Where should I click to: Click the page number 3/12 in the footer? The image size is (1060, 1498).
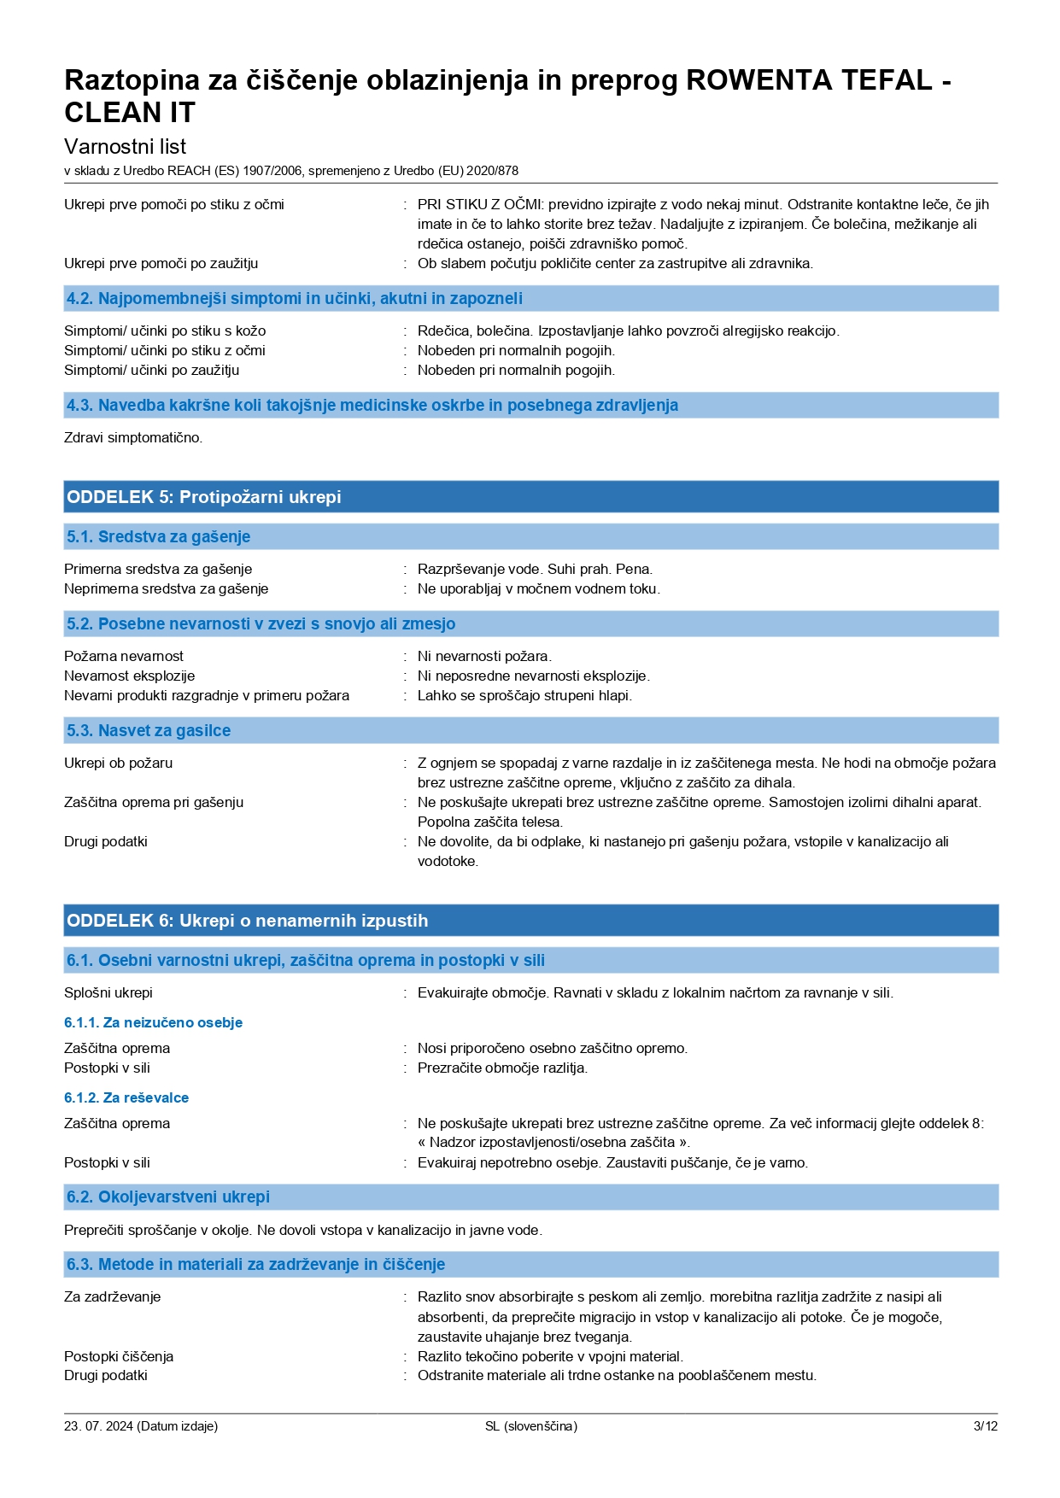click(985, 1425)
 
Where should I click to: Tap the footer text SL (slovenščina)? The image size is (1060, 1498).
click(530, 1425)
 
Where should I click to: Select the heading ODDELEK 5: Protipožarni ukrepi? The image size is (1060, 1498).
click(204, 497)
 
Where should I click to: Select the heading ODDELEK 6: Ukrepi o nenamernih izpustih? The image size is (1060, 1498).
click(248, 921)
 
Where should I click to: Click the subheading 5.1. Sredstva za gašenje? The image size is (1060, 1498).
click(159, 536)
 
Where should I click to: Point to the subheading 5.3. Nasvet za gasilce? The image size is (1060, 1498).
click(149, 730)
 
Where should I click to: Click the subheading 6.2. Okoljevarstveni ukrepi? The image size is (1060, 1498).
click(168, 1197)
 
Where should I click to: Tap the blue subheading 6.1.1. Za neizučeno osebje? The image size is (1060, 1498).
click(154, 1022)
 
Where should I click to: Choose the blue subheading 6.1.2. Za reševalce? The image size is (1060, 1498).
click(126, 1097)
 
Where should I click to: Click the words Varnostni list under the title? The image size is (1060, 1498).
click(125, 146)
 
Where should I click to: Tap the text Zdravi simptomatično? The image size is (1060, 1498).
click(133, 437)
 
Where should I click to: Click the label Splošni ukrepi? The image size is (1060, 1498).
click(108, 992)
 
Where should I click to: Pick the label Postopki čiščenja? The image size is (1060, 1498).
click(119, 1356)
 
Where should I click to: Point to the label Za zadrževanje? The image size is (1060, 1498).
click(112, 1296)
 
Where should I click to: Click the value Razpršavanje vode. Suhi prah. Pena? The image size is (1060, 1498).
click(535, 569)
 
